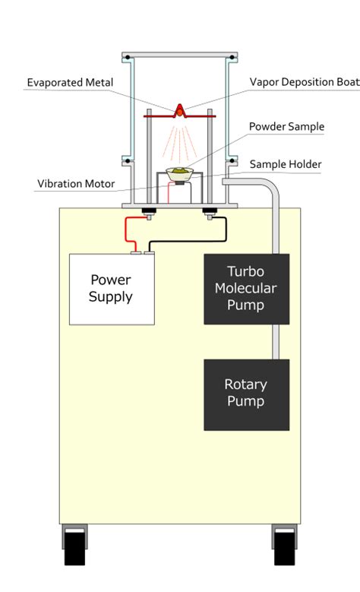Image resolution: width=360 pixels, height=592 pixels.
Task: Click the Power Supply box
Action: pos(112,290)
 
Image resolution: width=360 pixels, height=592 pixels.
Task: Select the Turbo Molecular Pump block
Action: pos(246,290)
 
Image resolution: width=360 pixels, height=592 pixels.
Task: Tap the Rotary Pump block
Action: pos(246,394)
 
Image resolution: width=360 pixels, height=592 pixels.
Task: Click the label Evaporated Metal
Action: pos(70,83)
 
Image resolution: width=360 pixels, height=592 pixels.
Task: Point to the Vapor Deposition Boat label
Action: pos(305,82)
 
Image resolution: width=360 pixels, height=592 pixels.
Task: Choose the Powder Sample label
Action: pos(287,126)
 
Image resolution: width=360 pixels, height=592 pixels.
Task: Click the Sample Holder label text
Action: pos(286,164)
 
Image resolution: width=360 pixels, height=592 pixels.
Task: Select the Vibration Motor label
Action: pos(76,184)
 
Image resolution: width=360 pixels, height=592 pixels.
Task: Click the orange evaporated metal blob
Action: pos(180,112)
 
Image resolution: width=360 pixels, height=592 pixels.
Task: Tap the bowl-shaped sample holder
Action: pos(180,175)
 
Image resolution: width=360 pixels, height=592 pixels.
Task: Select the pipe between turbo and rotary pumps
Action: pos(276,342)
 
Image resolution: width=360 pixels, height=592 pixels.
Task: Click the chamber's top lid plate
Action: pos(180,55)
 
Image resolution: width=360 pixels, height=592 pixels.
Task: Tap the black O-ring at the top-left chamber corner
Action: pos(128,58)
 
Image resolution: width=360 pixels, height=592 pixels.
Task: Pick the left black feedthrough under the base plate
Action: pos(149,211)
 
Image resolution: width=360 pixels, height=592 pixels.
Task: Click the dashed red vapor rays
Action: pos(180,142)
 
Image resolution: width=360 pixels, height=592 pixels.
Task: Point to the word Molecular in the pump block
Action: pos(245,289)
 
